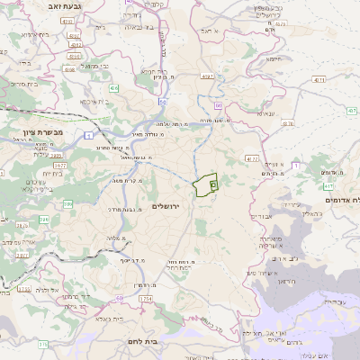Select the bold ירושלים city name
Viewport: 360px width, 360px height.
167,207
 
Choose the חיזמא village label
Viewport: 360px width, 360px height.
274,58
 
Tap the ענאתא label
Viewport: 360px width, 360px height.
277,113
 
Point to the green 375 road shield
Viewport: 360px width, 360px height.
42,344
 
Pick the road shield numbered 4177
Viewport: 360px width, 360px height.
253,158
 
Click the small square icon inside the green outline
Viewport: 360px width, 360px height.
213,184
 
